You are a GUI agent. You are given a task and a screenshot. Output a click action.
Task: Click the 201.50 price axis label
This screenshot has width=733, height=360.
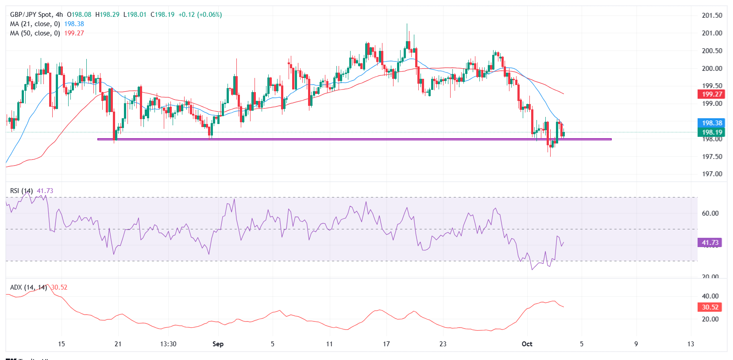coord(712,15)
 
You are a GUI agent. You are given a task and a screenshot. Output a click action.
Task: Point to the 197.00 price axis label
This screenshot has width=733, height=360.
coord(712,174)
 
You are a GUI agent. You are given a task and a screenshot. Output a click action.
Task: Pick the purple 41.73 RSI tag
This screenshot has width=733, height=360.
coord(710,243)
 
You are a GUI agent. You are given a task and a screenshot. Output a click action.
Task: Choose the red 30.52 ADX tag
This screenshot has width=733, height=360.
coord(710,307)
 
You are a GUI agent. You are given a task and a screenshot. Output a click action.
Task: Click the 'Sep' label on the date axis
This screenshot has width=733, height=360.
coord(218,344)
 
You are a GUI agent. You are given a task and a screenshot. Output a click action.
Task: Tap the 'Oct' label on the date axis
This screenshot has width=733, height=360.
coord(527,344)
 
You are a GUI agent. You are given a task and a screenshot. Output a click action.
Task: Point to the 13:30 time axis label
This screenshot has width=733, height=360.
coord(168,344)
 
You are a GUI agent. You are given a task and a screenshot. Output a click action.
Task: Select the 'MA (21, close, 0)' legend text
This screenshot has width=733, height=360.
coord(35,24)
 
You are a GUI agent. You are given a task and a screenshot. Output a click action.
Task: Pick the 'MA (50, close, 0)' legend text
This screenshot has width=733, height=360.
coord(35,33)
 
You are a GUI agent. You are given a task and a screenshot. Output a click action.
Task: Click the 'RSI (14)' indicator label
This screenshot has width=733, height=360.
coord(21,191)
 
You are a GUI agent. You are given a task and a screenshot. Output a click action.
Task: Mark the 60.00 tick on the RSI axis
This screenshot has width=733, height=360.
coord(710,213)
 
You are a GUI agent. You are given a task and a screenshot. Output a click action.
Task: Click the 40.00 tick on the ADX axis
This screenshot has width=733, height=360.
coord(710,296)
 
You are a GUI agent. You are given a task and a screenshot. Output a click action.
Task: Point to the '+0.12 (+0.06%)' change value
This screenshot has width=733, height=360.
coord(200,15)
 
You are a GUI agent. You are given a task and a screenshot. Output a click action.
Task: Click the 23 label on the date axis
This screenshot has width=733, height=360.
coord(443,344)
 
